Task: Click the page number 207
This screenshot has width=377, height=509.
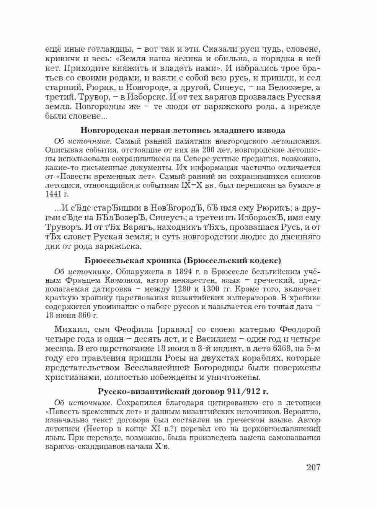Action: [313, 467]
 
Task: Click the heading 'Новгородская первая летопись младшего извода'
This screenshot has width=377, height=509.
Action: [183, 130]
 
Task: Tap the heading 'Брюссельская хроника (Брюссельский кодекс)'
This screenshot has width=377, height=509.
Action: [183, 261]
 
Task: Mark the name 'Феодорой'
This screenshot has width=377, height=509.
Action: [300, 329]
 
